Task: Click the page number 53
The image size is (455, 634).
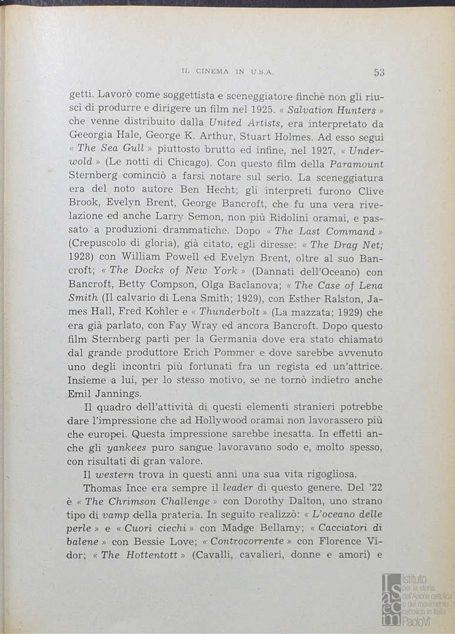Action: point(379,73)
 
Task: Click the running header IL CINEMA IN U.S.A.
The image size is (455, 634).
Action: point(229,72)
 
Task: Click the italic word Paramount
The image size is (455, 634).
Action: point(356,164)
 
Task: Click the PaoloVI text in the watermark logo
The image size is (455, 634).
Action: point(420,621)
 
